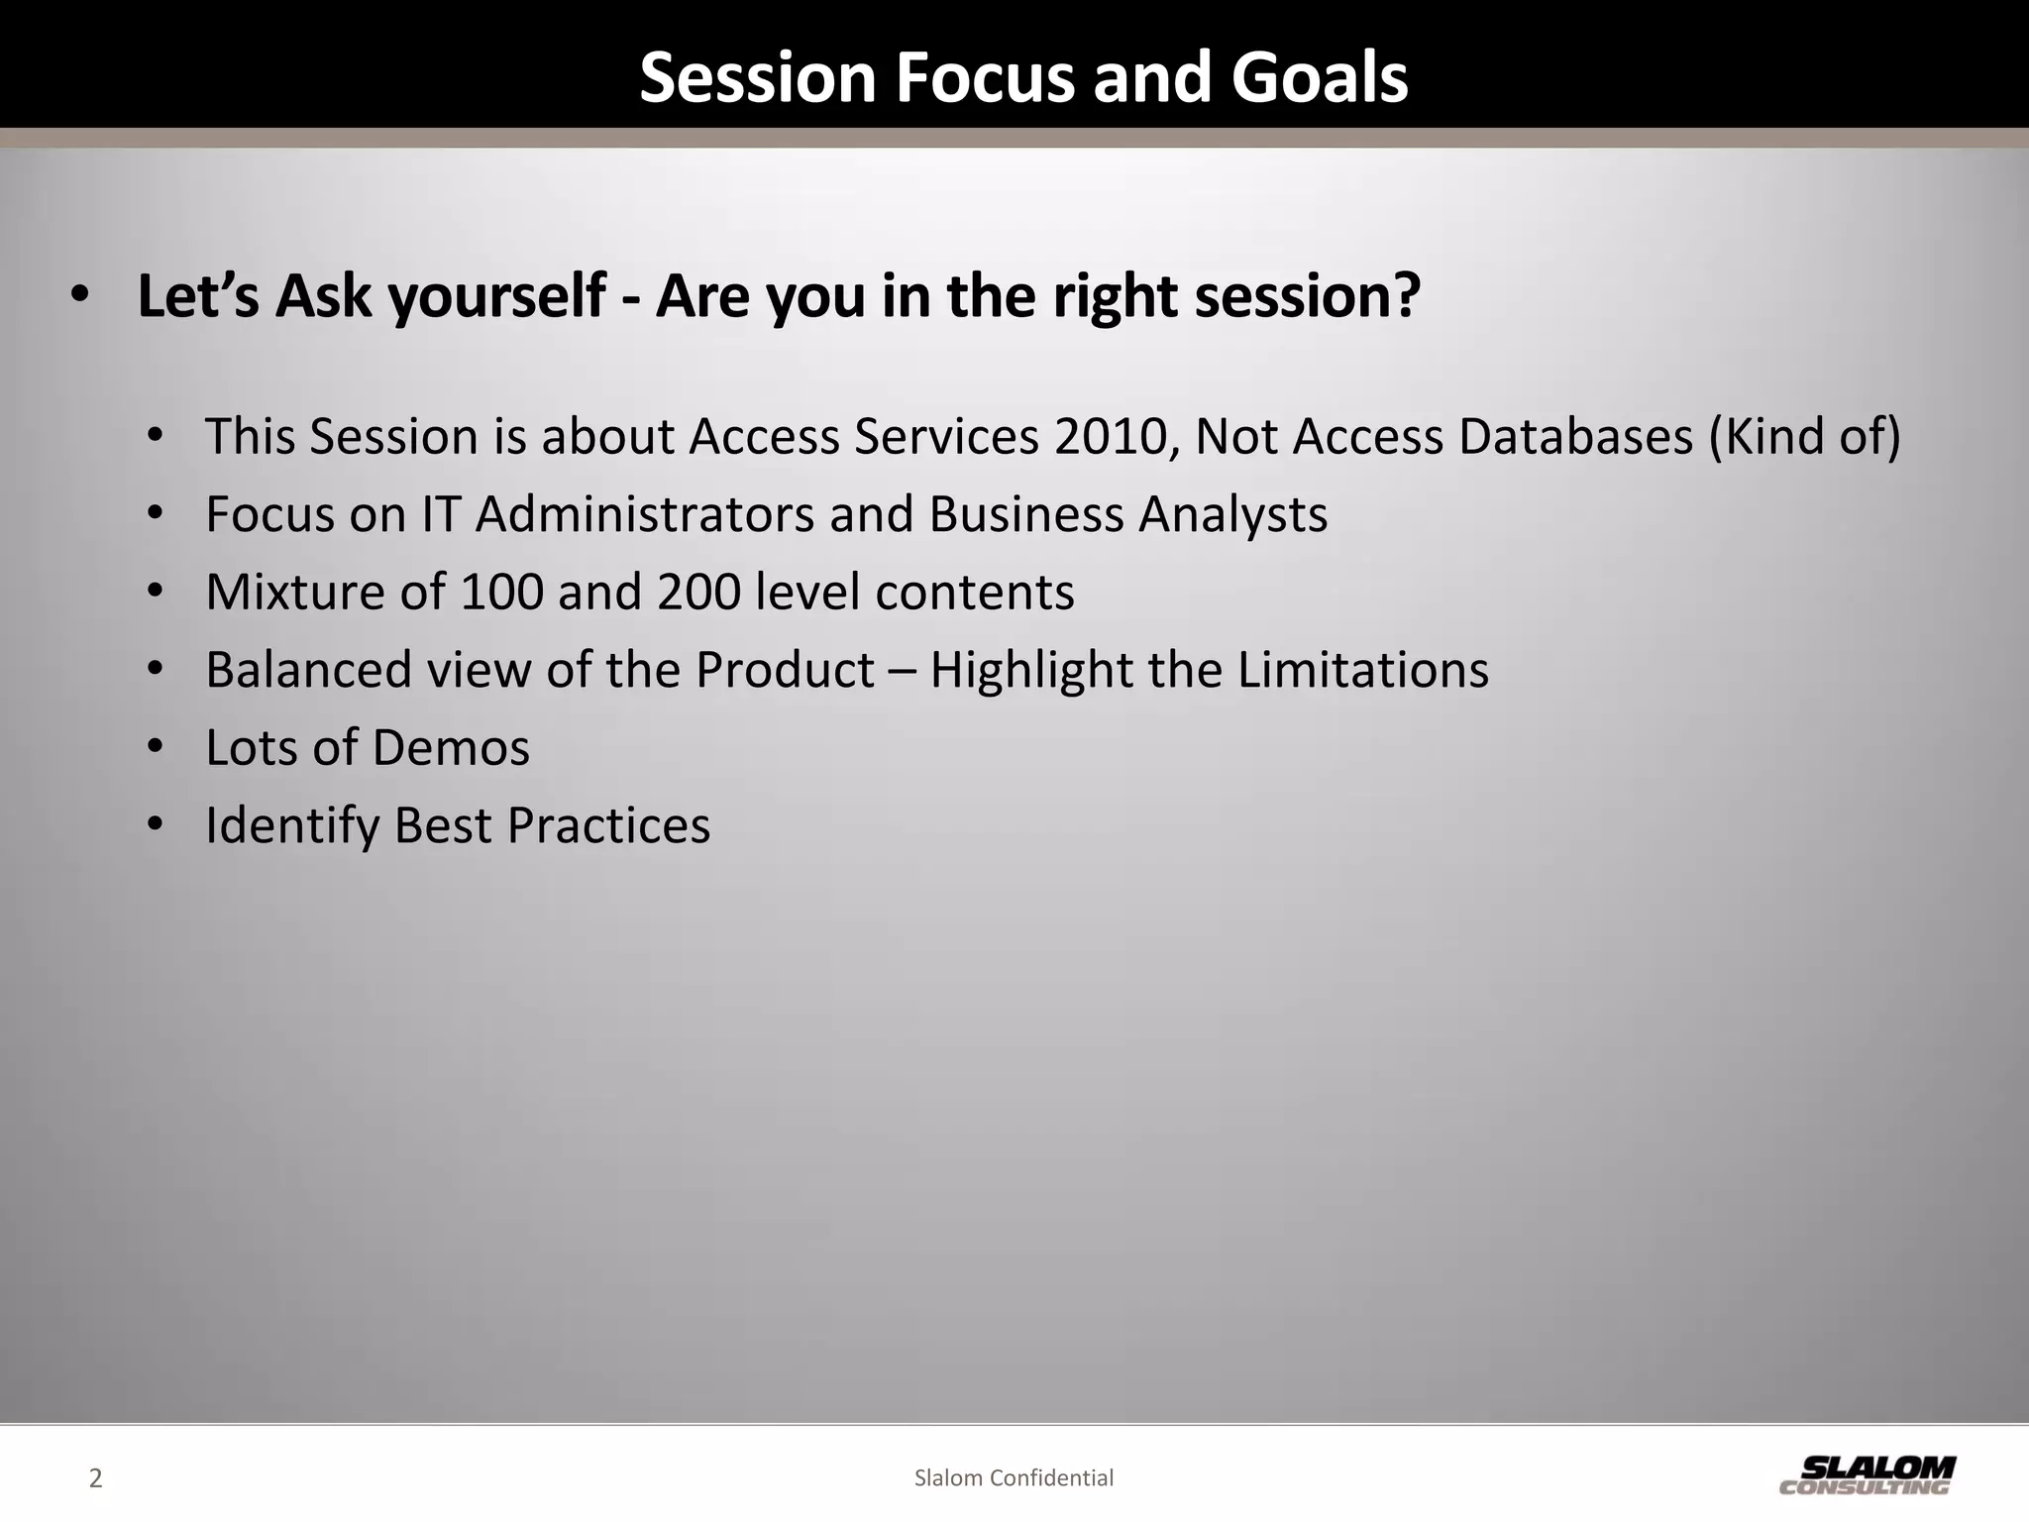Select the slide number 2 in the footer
coord(95,1478)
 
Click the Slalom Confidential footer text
coord(1014,1478)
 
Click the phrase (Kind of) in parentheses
coord(1804,436)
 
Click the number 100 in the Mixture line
coord(501,592)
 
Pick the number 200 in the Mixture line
coord(698,592)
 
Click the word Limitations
coord(1362,670)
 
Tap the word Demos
coord(451,747)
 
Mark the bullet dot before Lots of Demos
coord(155,747)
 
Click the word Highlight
coord(1031,670)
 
